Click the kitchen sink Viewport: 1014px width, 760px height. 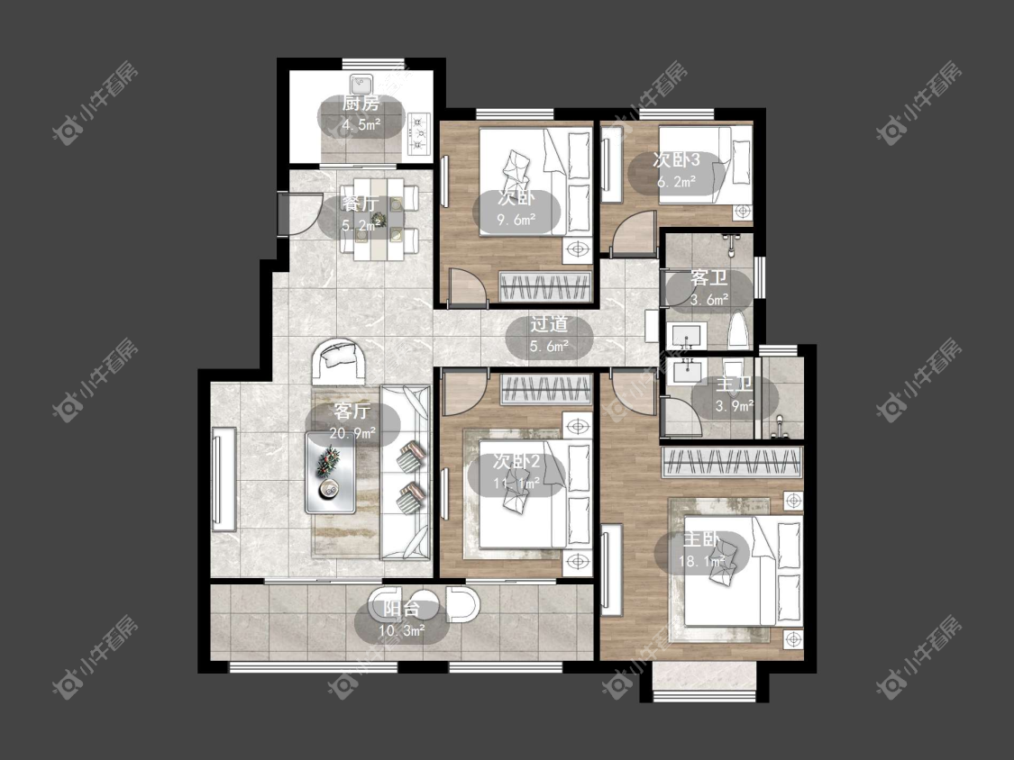pos(361,84)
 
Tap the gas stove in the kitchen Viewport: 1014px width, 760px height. pos(420,133)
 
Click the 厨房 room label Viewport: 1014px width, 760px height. pos(361,104)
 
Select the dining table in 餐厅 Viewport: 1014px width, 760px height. pos(379,219)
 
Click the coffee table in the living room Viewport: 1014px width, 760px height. pos(331,472)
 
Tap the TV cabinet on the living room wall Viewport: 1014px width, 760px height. pos(224,479)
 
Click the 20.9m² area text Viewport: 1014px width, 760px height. pos(352,434)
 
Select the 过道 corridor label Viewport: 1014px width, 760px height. pos(549,324)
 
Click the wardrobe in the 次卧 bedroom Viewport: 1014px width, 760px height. pos(546,287)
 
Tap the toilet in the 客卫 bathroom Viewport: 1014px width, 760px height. pos(738,330)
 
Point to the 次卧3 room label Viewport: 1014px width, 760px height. pos(676,159)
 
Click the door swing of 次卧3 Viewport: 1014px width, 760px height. pos(635,233)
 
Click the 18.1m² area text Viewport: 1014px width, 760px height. pos(701,562)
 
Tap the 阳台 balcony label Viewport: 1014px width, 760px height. pos(401,609)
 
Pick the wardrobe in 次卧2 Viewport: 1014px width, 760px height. pos(546,390)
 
